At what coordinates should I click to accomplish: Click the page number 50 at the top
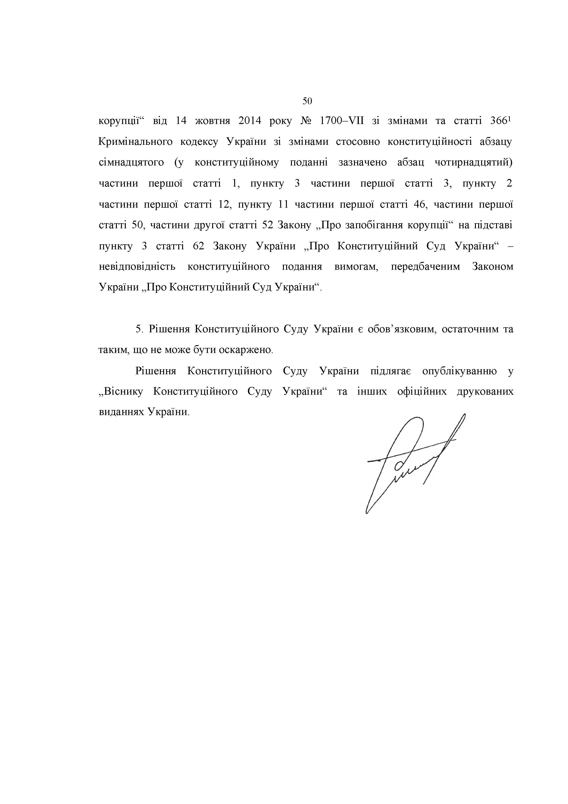pyautogui.click(x=307, y=102)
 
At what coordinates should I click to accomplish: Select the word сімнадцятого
pyautogui.click(x=131, y=163)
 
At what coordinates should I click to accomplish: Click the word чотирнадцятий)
pyautogui.click(x=473, y=163)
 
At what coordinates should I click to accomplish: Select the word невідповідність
pyautogui.click(x=137, y=267)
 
